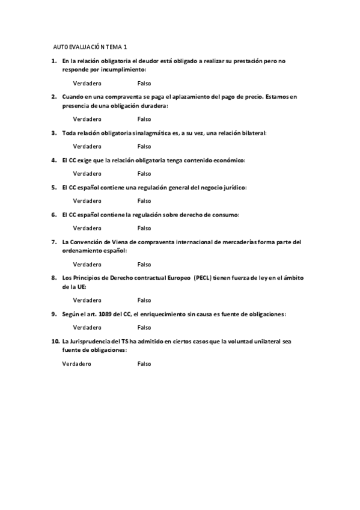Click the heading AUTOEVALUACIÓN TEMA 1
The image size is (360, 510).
[x=90, y=46]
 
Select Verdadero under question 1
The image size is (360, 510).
[x=87, y=84]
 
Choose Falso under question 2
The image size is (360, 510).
[x=144, y=119]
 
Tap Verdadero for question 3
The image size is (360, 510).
[x=87, y=146]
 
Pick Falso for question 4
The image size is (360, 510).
[x=144, y=173]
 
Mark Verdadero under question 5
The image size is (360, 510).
[x=87, y=201]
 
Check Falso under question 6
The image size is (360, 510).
[x=144, y=228]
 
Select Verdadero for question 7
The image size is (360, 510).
[x=87, y=264]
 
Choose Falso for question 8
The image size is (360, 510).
[x=144, y=300]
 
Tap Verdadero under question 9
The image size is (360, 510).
[x=87, y=327]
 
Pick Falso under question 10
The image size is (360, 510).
[x=144, y=363]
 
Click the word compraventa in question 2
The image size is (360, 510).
[x=118, y=97]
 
